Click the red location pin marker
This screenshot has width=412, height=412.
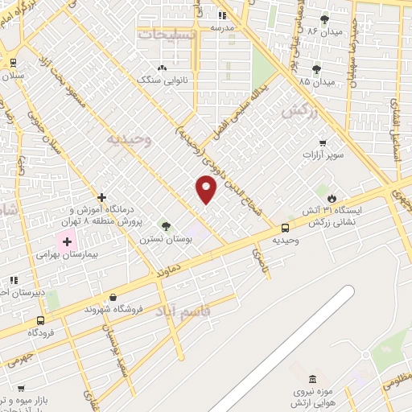point(206,189)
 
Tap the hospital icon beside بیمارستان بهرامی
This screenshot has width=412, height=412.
point(67,241)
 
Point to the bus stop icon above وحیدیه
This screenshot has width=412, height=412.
point(286,228)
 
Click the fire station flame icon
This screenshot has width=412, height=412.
point(332,197)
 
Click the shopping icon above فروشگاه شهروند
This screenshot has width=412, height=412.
point(113,296)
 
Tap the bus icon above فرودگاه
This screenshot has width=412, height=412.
point(41,319)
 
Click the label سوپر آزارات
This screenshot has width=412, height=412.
point(324,153)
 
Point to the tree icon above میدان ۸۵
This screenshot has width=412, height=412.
point(315,70)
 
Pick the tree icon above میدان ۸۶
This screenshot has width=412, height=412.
point(325,19)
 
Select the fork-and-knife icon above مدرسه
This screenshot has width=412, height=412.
point(223,15)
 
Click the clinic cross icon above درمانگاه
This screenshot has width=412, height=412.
point(101,197)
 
